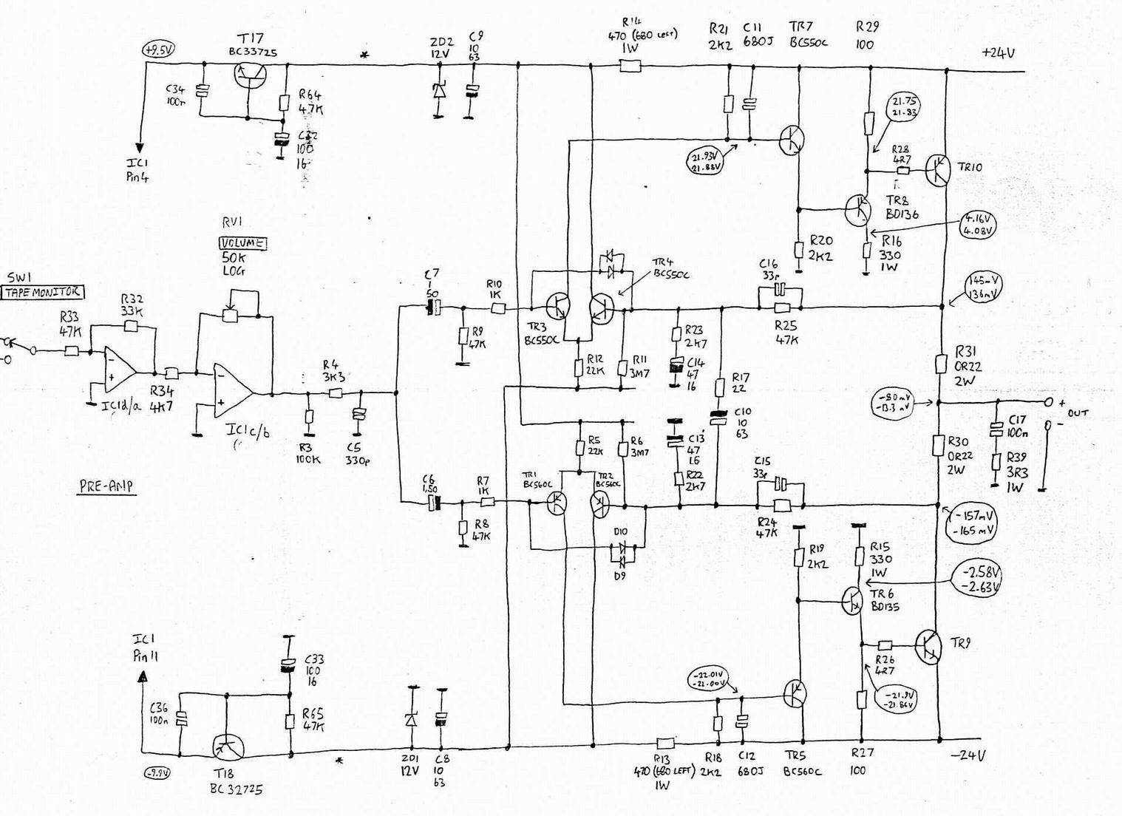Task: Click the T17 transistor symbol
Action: pyautogui.click(x=249, y=75)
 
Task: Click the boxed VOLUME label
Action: pyautogui.click(x=242, y=243)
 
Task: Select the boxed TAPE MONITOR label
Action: pyautogui.click(x=44, y=292)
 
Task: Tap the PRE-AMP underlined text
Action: pyautogui.click(x=106, y=486)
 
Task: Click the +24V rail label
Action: pyautogui.click(x=998, y=52)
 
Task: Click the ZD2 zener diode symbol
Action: pyautogui.click(x=439, y=91)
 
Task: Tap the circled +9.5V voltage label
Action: pyautogui.click(x=158, y=50)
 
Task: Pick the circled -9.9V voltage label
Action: pyautogui.click(x=157, y=773)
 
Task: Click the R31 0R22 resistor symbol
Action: pyautogui.click(x=940, y=364)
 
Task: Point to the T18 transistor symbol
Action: pyautogui.click(x=228, y=747)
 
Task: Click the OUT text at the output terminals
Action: pyautogui.click(x=1077, y=412)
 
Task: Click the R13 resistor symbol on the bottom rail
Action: pyautogui.click(x=665, y=742)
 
